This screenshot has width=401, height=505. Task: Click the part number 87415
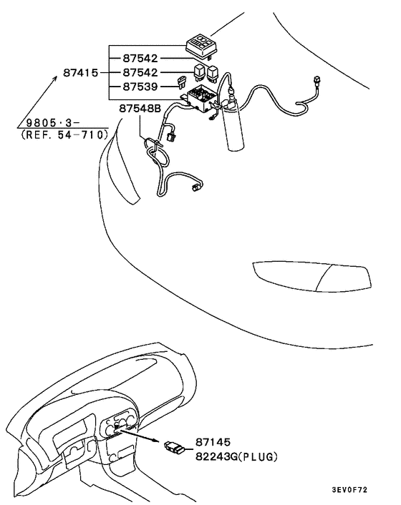[81, 73]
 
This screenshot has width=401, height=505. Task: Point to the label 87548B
[132, 109]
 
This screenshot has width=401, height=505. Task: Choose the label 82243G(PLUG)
[236, 456]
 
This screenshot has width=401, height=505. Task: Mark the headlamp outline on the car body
[310, 275]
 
